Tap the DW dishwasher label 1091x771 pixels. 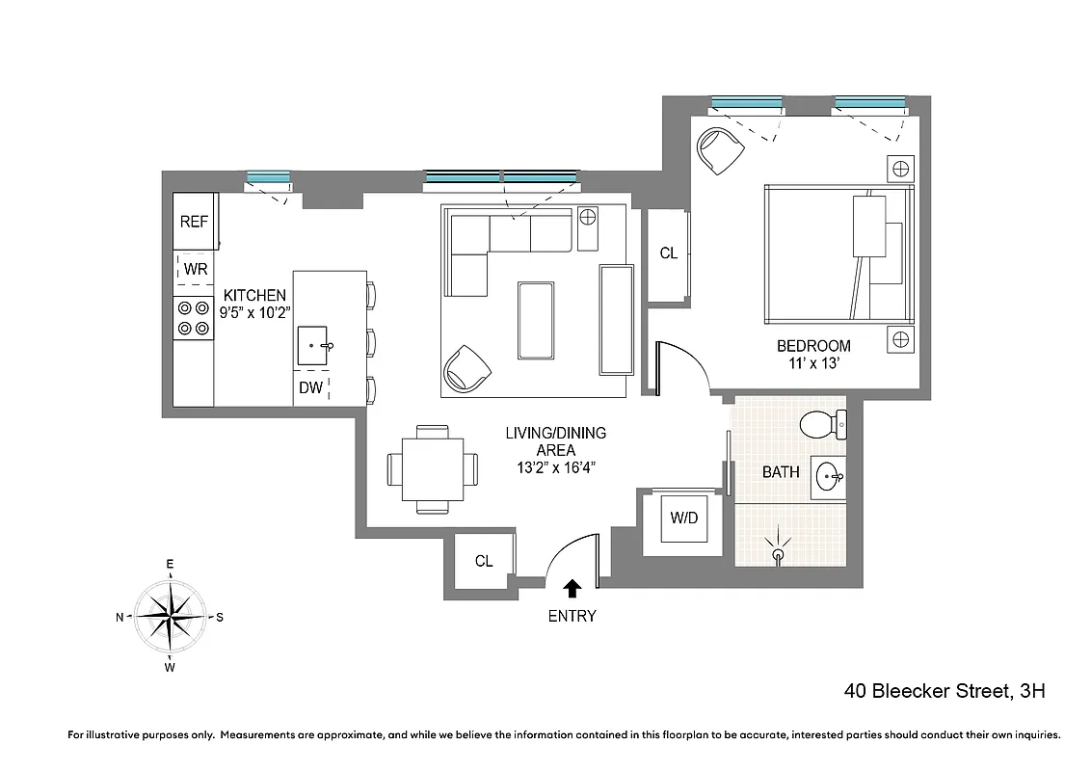point(310,388)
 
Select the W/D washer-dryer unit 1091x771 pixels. point(684,518)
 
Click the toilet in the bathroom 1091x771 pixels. point(821,423)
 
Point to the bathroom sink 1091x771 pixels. point(828,476)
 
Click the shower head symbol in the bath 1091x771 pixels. point(779,552)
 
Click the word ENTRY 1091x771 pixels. point(572,617)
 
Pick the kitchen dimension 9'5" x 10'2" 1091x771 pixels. point(254,311)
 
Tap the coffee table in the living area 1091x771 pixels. point(537,320)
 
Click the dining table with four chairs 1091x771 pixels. point(432,469)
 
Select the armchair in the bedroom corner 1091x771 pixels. point(719,150)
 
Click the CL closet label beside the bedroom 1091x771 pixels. point(669,253)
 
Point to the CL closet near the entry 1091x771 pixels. point(484,561)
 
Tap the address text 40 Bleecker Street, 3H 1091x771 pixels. point(945,691)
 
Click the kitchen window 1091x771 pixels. point(268,177)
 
